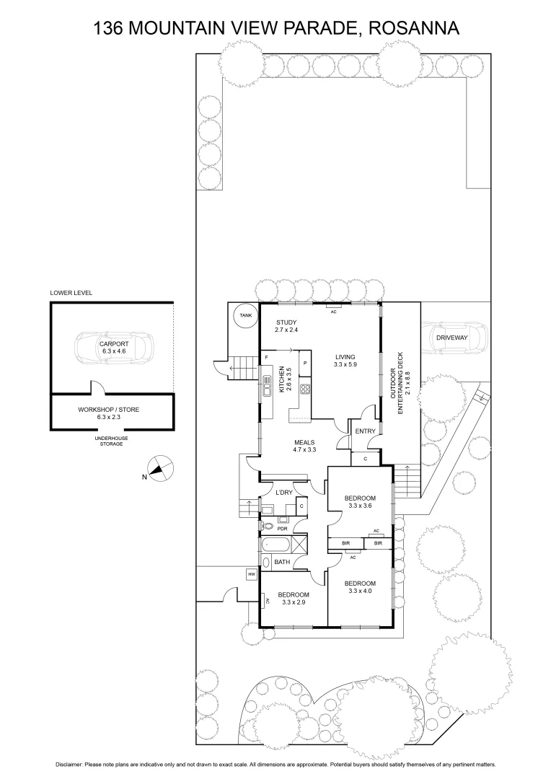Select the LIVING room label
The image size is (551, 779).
click(x=345, y=357)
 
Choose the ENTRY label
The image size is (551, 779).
click(x=366, y=431)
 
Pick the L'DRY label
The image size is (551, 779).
click(x=284, y=492)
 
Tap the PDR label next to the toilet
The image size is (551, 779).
click(x=283, y=527)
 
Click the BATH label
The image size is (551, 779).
click(x=282, y=561)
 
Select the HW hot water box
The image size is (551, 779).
click(x=251, y=574)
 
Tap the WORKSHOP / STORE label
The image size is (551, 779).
click(x=109, y=410)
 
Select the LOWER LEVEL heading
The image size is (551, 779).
click(x=71, y=294)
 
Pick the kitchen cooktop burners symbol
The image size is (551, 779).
click(x=305, y=390)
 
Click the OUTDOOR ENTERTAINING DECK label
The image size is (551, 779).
click(x=404, y=381)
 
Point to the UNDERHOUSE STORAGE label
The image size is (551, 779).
click(x=109, y=441)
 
